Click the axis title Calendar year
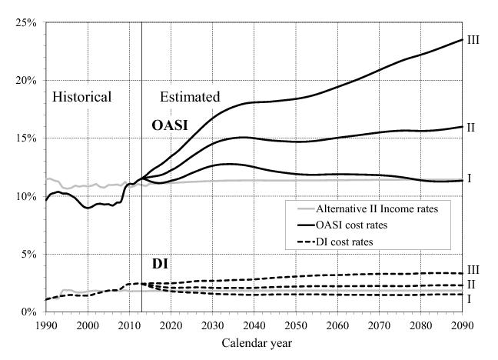254,342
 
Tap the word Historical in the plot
81,97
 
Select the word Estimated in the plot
190,97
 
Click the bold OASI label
169,124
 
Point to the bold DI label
160,265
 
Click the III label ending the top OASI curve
473,39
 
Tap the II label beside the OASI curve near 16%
472,127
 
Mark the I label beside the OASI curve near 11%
470,178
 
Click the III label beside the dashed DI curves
473,269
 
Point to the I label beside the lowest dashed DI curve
470,298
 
